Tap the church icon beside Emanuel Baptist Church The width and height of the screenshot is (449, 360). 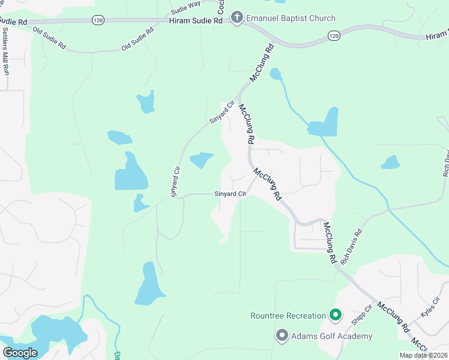click(237, 18)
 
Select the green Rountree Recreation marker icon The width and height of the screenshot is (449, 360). click(336, 315)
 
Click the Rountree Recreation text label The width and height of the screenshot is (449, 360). click(288, 316)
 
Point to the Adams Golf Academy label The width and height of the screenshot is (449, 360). click(332, 336)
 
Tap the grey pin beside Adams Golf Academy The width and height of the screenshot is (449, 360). click(282, 335)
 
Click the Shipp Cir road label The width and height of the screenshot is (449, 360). click(363, 314)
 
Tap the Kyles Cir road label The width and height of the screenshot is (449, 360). click(430, 307)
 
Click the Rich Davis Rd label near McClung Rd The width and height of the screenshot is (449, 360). click(352, 246)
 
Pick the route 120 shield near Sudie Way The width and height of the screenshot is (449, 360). click(97, 20)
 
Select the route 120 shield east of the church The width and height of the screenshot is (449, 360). click(334, 37)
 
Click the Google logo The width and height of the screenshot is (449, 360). click(20, 353)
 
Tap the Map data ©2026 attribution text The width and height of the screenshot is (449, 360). click(423, 355)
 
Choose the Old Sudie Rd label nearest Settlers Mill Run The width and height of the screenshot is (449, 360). click(49, 37)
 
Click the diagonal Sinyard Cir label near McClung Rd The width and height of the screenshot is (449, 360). click(220, 114)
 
